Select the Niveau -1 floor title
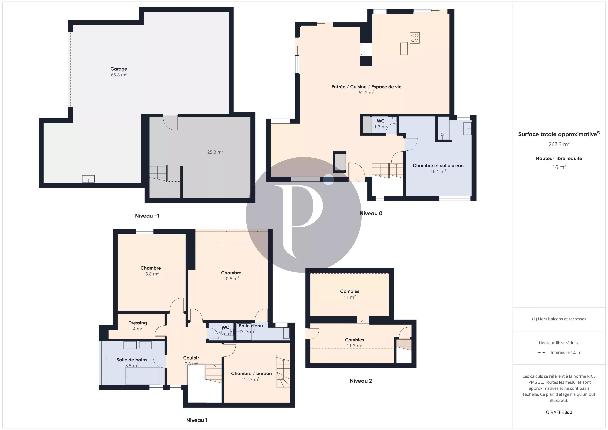tap(147, 216)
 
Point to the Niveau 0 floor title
tap(371, 213)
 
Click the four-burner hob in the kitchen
tap(414, 38)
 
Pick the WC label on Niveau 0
tap(381, 121)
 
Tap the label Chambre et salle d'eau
tap(438, 166)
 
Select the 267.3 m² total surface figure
tap(559, 144)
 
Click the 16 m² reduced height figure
tap(559, 167)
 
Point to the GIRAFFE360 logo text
tap(559, 412)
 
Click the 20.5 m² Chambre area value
tap(231, 278)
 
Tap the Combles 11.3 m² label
tap(354, 343)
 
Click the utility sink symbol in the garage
tap(88, 179)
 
